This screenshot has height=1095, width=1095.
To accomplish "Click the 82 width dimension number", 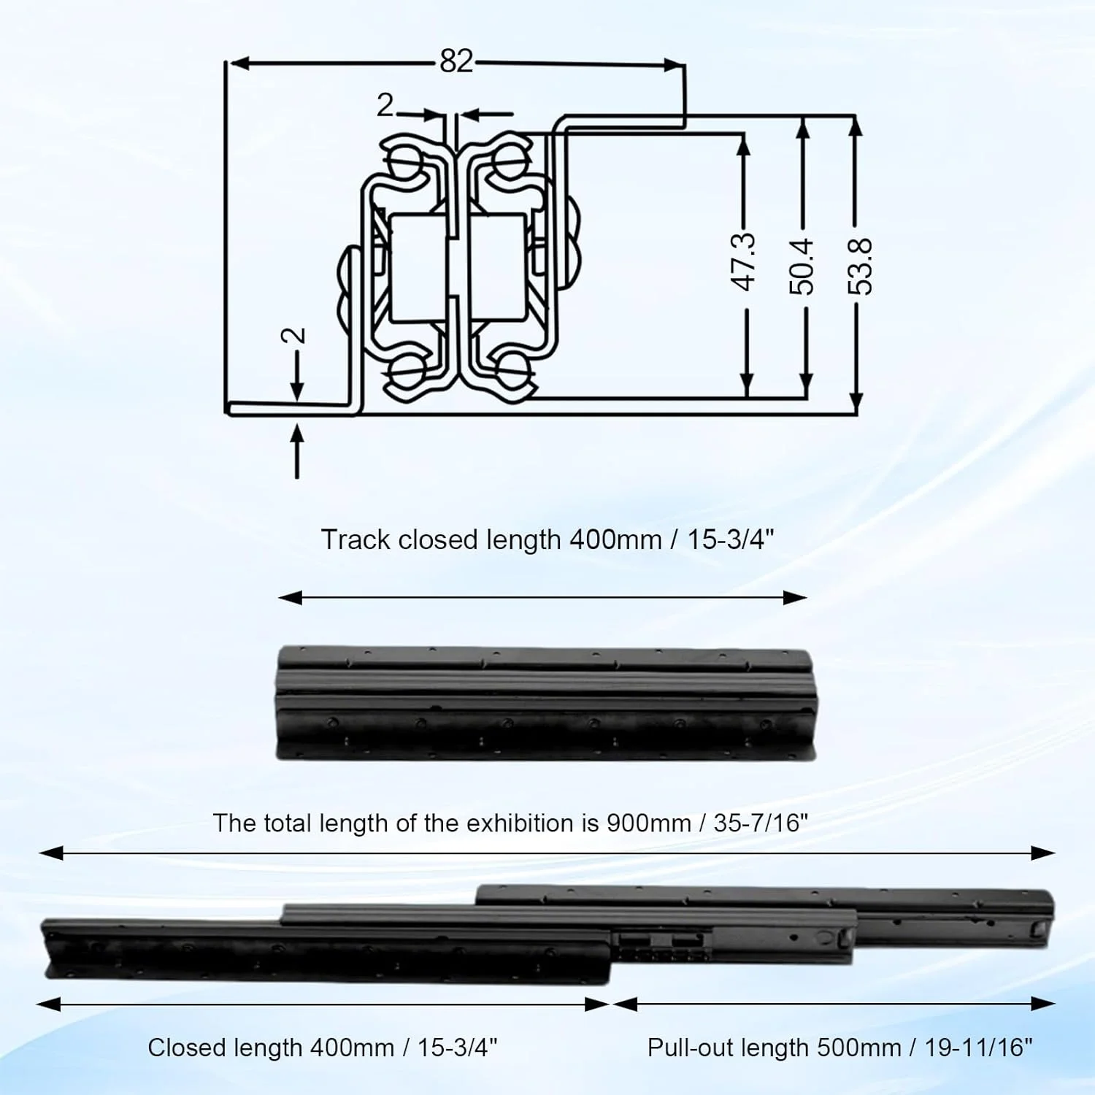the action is (x=456, y=61).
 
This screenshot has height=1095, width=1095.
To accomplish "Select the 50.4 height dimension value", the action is (x=802, y=266).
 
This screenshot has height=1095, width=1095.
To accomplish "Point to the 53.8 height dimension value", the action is (x=861, y=266).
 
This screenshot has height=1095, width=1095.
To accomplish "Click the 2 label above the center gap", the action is (x=385, y=107).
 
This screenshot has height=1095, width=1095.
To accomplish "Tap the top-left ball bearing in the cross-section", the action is (x=405, y=158).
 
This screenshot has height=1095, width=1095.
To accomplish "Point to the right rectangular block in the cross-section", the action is (x=497, y=267).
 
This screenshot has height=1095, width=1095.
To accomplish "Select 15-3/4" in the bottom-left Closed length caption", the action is (x=458, y=1048).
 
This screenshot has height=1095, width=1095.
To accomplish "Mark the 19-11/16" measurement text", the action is (x=979, y=1048).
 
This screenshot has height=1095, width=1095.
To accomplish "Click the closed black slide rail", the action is (x=546, y=702).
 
